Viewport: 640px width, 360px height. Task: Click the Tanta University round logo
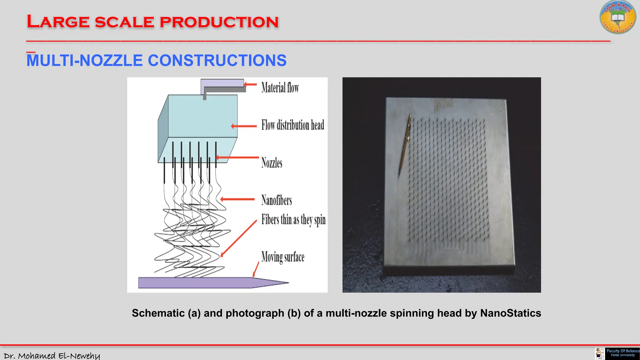[617, 17]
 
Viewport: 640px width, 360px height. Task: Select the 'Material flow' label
[280, 87]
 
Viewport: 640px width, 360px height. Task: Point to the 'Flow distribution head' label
[292, 125]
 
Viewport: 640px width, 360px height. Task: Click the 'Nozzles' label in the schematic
[272, 163]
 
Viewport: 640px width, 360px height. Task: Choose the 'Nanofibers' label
[277, 200]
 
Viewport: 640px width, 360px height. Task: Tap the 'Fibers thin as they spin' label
[293, 220]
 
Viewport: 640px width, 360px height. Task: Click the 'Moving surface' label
[282, 257]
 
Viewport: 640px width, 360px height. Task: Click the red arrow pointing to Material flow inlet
[250, 84]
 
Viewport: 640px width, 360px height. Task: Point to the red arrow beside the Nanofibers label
[237, 199]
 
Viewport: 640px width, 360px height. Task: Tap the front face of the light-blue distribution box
[202, 116]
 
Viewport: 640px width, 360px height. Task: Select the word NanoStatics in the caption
[510, 313]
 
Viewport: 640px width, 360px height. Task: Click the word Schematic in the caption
[158, 313]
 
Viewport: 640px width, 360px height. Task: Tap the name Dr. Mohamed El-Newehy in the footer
[52, 356]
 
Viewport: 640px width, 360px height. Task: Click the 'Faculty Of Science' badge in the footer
[622, 353]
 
